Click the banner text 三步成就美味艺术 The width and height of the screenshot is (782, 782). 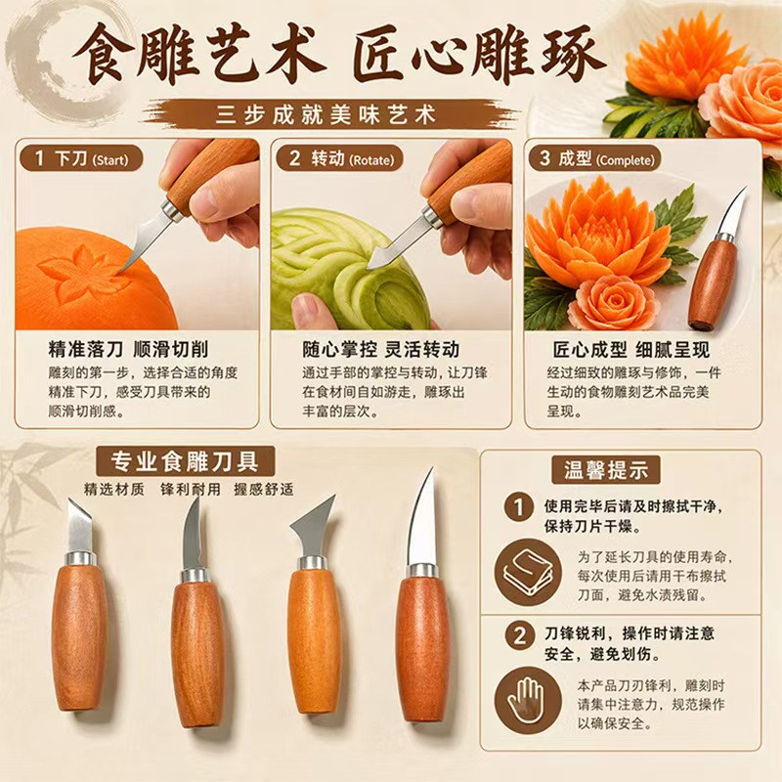click(326, 114)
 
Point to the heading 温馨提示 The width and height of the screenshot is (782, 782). click(606, 470)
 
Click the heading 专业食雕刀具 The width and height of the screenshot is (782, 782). click(185, 461)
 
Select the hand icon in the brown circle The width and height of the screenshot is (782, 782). click(528, 700)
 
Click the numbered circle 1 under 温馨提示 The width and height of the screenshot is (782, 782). click(519, 507)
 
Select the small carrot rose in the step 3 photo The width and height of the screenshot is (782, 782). click(610, 303)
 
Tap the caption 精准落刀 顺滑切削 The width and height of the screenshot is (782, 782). click(128, 349)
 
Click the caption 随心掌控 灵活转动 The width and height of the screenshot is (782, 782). click(381, 349)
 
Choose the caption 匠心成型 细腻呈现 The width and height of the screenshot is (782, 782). click(630, 350)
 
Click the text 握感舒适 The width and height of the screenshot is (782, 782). click(263, 490)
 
